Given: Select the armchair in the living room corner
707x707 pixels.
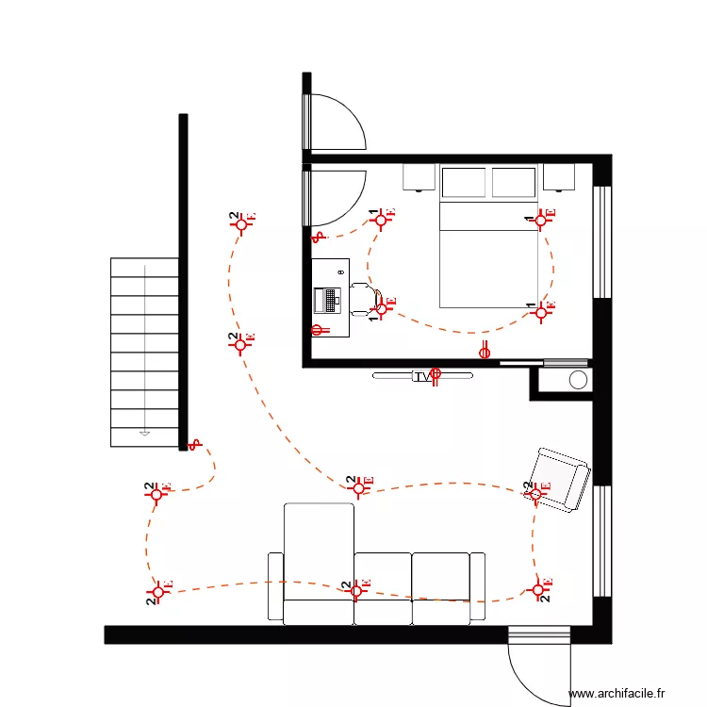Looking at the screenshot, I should [560, 480].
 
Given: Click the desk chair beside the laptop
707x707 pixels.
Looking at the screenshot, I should [362, 297].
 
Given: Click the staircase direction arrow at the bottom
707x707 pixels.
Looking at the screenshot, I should [144, 432].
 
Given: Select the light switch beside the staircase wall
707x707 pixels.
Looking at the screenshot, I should [194, 444].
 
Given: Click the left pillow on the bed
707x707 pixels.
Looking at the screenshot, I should [463, 183].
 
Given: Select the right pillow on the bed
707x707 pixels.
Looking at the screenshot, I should [514, 183].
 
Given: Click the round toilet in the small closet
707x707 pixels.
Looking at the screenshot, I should [578, 380].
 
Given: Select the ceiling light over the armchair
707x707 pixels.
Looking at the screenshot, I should [535, 492].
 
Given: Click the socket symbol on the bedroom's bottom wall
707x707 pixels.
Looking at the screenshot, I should [485, 352].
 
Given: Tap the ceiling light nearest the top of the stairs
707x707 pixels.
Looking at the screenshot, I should [242, 222].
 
